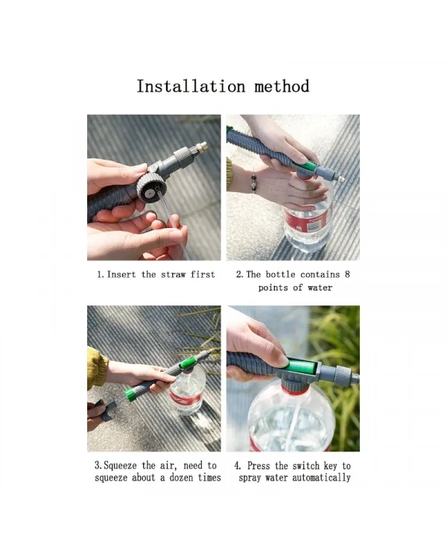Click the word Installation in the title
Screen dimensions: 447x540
coord(191,86)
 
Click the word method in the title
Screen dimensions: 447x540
coord(282,86)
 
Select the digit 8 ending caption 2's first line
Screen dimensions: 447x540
coord(347,275)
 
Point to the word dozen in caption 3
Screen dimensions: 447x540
coord(181,477)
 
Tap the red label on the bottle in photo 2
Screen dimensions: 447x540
coord(308,221)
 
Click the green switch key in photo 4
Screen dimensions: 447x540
coord(301,367)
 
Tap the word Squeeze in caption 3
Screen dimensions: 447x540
coord(120,466)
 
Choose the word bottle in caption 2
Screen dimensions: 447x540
coord(280,275)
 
